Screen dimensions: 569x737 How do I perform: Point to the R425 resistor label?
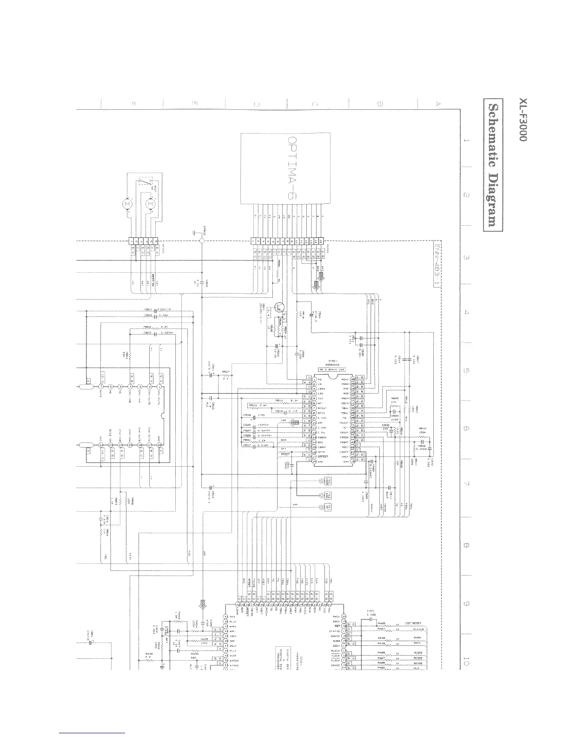pos(382,623)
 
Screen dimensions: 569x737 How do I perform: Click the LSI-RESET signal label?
pos(413,623)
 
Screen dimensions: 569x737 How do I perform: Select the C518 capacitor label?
pos(247,415)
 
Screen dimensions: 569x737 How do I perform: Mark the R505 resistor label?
pos(395,399)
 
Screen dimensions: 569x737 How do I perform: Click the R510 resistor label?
pos(423,429)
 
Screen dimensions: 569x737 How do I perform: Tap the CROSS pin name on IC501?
pos(344,437)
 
